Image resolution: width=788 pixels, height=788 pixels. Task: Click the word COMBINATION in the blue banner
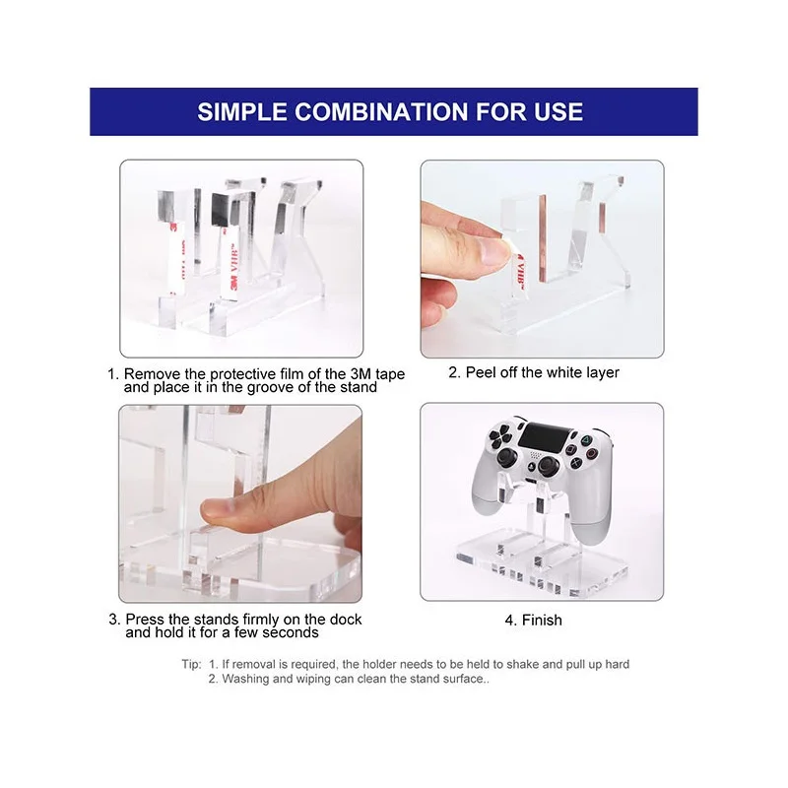coord(381,111)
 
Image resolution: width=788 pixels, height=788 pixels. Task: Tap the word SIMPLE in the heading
coord(241,111)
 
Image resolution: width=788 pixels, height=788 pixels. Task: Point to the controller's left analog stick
coord(505,458)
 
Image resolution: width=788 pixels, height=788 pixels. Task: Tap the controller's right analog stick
coord(547,466)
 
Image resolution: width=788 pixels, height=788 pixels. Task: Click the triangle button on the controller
coord(585,440)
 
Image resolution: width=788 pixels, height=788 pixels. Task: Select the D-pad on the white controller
coord(499,437)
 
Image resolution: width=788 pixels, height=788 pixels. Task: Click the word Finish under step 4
coord(542,621)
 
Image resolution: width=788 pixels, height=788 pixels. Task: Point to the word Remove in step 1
coord(153,374)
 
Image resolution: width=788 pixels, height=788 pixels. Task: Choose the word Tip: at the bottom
coord(191,664)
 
